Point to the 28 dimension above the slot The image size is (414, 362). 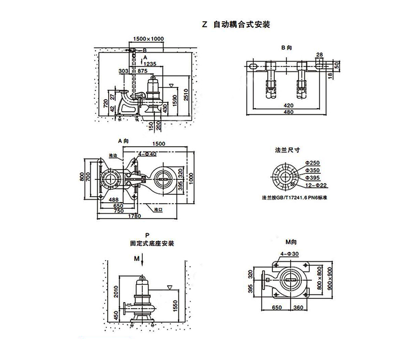(x=319, y=54)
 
